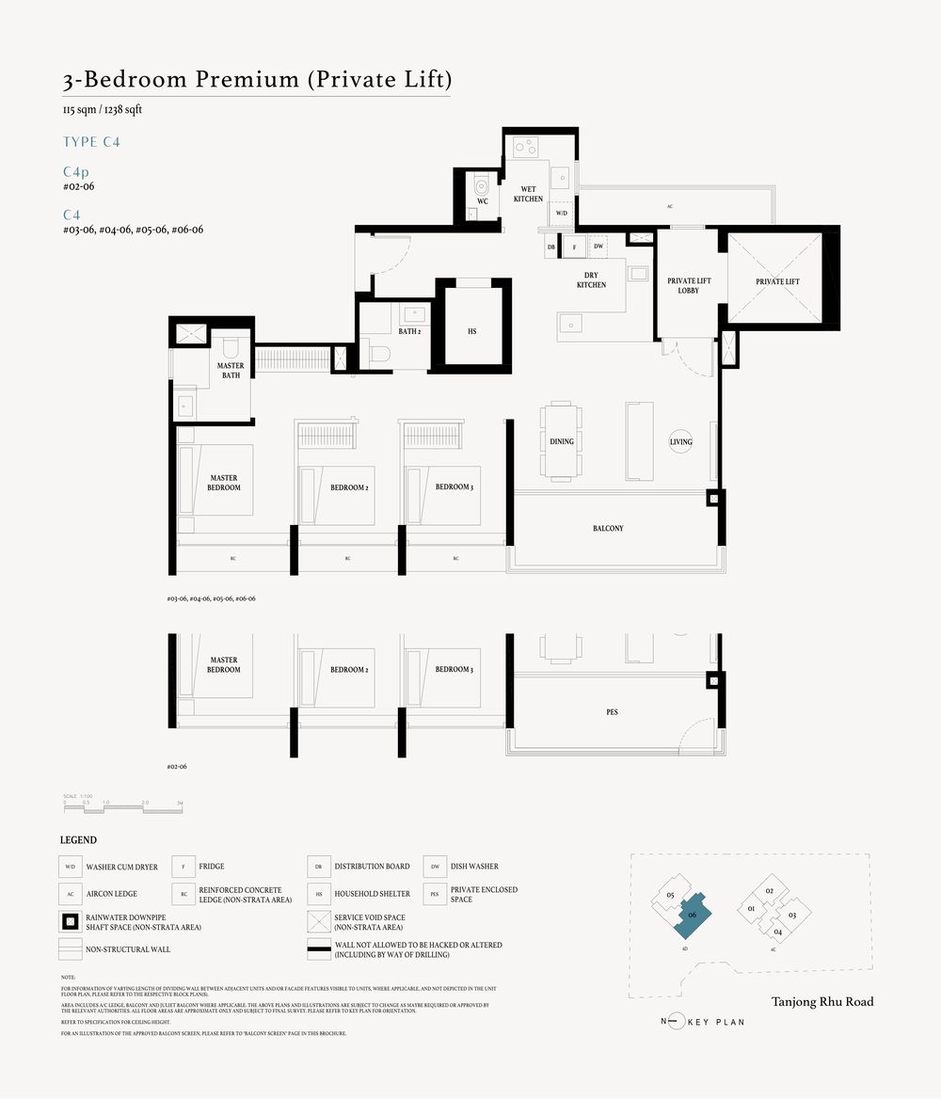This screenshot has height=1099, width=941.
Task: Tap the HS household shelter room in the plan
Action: click(x=472, y=331)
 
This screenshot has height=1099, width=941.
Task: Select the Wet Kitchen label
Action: click(x=528, y=194)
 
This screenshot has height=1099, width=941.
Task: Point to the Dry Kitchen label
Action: click(x=592, y=279)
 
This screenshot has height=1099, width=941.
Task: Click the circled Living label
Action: click(x=680, y=441)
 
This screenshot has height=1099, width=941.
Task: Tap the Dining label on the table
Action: click(x=562, y=441)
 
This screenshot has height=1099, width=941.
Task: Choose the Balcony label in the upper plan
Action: click(x=608, y=529)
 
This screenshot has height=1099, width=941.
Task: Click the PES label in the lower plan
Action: click(x=613, y=712)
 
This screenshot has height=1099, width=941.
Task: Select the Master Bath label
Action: click(x=231, y=371)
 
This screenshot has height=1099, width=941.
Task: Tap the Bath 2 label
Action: click(x=409, y=331)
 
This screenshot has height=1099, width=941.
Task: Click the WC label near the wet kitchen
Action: click(x=482, y=201)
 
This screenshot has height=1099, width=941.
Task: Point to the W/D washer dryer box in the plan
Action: click(x=562, y=214)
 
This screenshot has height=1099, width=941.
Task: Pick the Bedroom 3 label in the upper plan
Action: click(x=454, y=487)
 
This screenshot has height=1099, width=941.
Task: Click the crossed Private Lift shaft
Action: click(x=777, y=281)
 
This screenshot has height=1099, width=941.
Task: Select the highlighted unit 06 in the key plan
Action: click(x=692, y=915)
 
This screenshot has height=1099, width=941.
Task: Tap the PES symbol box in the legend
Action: click(x=434, y=894)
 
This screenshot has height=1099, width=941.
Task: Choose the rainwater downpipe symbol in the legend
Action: click(x=70, y=921)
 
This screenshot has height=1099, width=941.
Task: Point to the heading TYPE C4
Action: click(x=91, y=142)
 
